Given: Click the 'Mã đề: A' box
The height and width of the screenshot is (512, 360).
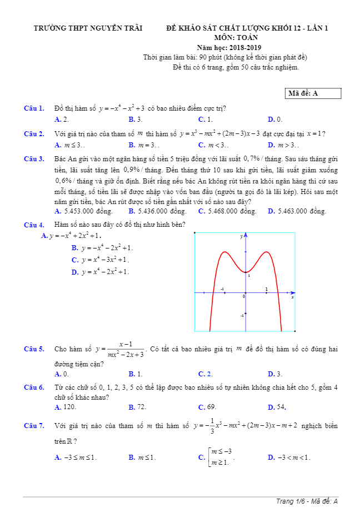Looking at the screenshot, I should (313, 93).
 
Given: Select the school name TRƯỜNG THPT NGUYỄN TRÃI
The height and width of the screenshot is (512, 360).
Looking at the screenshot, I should (88, 28).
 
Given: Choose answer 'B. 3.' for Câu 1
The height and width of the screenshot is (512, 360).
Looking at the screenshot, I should (136, 120).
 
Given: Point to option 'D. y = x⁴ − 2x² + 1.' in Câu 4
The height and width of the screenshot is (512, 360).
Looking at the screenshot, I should (100, 272).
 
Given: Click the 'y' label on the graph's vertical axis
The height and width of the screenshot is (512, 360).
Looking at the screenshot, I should (242, 237).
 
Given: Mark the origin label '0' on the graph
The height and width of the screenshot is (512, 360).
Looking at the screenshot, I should (243, 297).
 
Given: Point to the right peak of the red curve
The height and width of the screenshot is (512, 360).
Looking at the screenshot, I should (266, 252).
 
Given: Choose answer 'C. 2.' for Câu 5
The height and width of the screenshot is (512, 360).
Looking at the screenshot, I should (205, 374).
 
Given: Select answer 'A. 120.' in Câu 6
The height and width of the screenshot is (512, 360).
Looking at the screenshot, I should (66, 407).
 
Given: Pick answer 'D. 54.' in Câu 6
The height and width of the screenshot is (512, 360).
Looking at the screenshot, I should (277, 407).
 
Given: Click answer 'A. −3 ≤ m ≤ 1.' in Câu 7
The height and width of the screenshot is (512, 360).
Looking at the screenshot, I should (76, 458).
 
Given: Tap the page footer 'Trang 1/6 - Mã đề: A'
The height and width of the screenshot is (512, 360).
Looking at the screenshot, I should (307, 501).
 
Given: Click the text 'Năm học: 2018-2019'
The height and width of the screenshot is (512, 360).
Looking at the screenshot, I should (224, 48).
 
